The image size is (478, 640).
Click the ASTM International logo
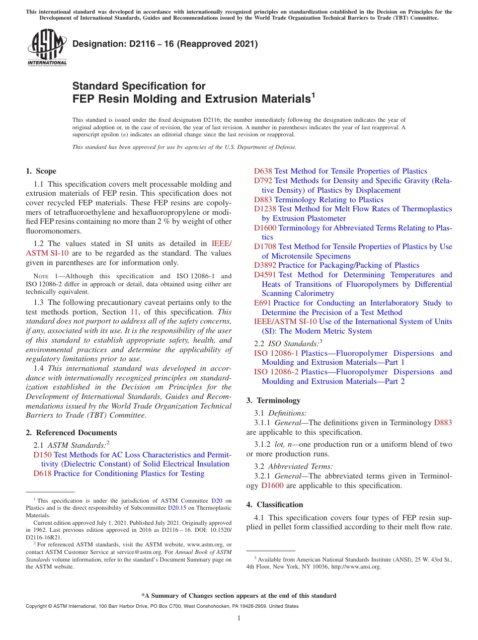point(47,48)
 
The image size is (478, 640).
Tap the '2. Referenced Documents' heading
point(71,433)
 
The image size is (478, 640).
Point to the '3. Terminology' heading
point(273,401)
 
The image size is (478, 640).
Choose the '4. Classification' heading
point(275,505)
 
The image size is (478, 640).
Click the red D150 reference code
point(42,455)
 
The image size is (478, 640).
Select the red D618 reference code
point(42,473)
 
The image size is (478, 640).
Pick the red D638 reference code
point(263,171)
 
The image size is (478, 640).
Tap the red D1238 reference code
point(265,209)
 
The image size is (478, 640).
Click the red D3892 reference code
point(265,265)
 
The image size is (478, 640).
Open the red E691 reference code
point(263,303)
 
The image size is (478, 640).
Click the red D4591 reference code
point(265,275)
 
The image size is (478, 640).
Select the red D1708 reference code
point(265,247)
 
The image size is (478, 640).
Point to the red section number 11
point(134,312)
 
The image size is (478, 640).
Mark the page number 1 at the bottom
point(239,618)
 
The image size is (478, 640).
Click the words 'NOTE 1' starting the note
point(44,276)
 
